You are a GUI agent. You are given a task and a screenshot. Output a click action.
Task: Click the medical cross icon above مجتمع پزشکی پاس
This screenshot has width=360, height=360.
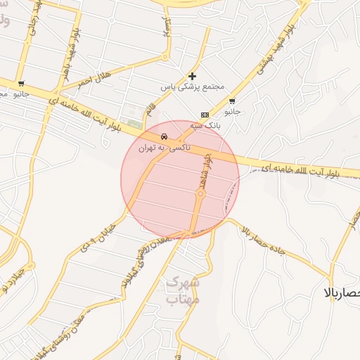click(192, 76)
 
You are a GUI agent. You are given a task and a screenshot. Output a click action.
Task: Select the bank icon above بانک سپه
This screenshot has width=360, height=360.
click(205, 115)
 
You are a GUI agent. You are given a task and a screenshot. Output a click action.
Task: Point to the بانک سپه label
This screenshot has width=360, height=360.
click(208, 125)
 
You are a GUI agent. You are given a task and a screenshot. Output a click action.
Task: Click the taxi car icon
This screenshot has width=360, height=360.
click(164, 136)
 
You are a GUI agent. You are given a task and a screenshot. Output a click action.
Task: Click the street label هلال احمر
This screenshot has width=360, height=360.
click(96, 79)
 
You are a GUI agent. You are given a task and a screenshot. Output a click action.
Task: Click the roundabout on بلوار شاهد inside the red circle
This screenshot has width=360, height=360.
click(200, 194)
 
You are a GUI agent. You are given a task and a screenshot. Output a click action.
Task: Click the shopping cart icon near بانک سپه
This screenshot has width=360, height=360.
click(232, 101)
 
